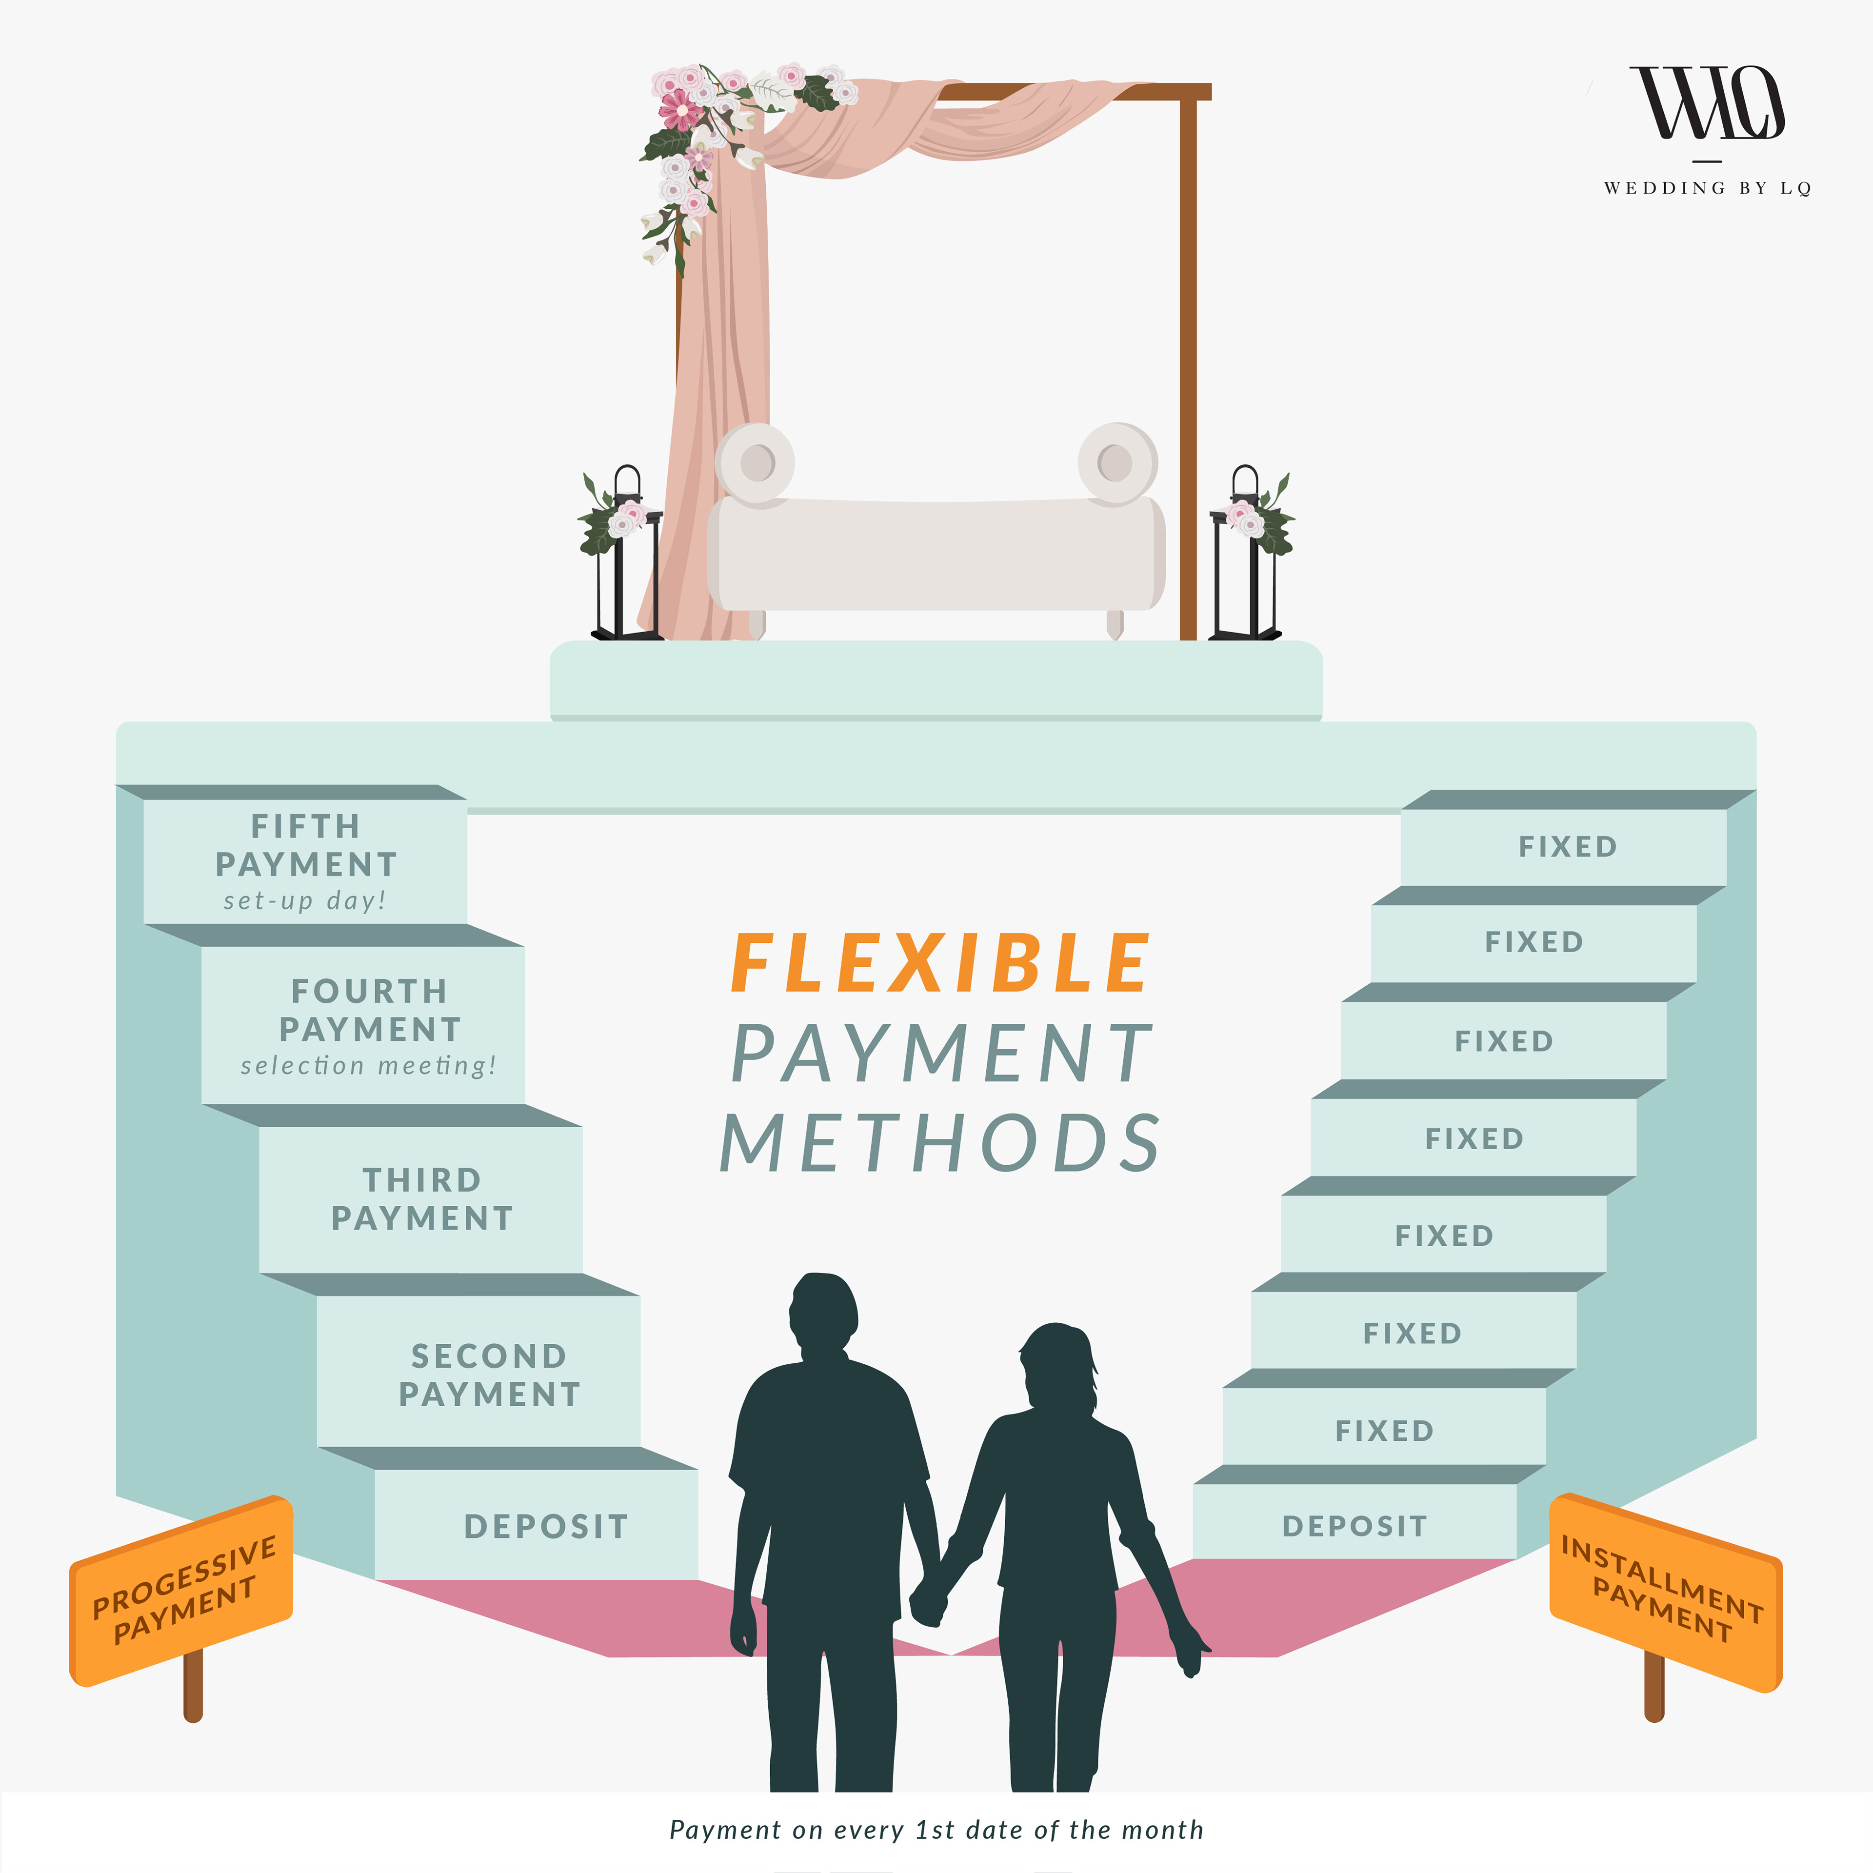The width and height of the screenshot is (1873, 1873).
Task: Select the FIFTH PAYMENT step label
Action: (305, 845)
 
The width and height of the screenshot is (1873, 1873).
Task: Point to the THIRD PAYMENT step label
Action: (422, 1199)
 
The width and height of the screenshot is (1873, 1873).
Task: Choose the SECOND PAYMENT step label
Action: (490, 1375)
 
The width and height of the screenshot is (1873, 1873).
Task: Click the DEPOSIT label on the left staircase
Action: (546, 1527)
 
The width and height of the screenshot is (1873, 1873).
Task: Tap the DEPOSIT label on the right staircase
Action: (1355, 1527)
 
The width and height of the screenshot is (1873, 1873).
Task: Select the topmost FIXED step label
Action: (1568, 846)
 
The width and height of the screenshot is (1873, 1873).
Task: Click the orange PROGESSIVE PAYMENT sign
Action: (182, 1590)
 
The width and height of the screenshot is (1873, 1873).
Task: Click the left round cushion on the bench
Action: (755, 463)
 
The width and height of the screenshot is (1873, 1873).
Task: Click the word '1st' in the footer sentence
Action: (936, 1831)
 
